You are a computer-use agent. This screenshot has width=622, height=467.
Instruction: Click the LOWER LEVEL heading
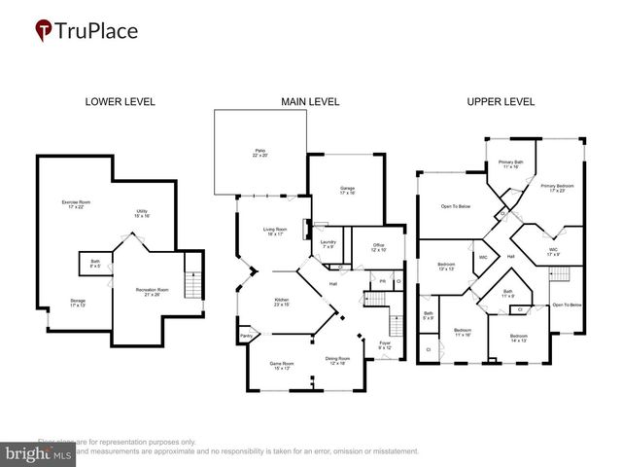pyautogui.click(x=120, y=101)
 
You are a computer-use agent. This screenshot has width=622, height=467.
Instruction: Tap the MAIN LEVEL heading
pyautogui.click(x=302, y=101)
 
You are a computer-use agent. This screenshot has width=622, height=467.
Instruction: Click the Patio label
pyautogui.click(x=259, y=153)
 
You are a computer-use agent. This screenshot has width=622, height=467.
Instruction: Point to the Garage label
pyautogui.click(x=346, y=190)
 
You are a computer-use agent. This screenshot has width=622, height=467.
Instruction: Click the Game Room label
pyautogui.click(x=283, y=366)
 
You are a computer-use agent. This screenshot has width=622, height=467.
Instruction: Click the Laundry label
pyautogui.click(x=328, y=244)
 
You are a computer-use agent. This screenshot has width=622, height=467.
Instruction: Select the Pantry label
pyautogui.click(x=245, y=338)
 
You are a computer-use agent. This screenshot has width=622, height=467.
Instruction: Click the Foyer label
pyautogui.click(x=385, y=345)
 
